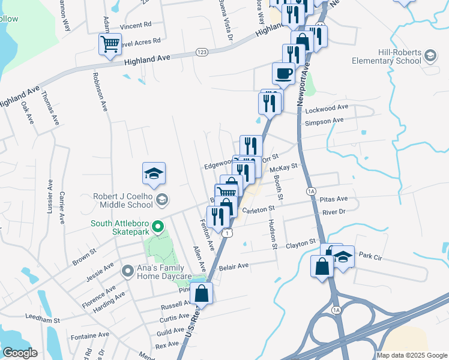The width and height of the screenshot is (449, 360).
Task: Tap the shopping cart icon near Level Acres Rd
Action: [x=110, y=43]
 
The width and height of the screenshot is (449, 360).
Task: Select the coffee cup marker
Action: [x=283, y=73]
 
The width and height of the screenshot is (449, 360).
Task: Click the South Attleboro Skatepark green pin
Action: [x=158, y=227]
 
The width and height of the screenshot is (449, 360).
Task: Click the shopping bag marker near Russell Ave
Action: [x=202, y=293]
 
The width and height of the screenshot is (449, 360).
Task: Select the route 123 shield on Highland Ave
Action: [x=202, y=53]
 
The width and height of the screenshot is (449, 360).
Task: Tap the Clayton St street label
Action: [x=301, y=244]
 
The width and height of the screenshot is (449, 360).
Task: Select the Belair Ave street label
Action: [x=234, y=266]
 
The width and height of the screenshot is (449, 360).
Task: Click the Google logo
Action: [x=20, y=352]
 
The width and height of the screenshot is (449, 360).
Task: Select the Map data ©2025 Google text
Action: [x=411, y=355]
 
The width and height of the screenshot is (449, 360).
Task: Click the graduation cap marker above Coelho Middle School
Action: [x=154, y=173]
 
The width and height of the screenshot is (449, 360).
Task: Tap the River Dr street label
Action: [x=334, y=212]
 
